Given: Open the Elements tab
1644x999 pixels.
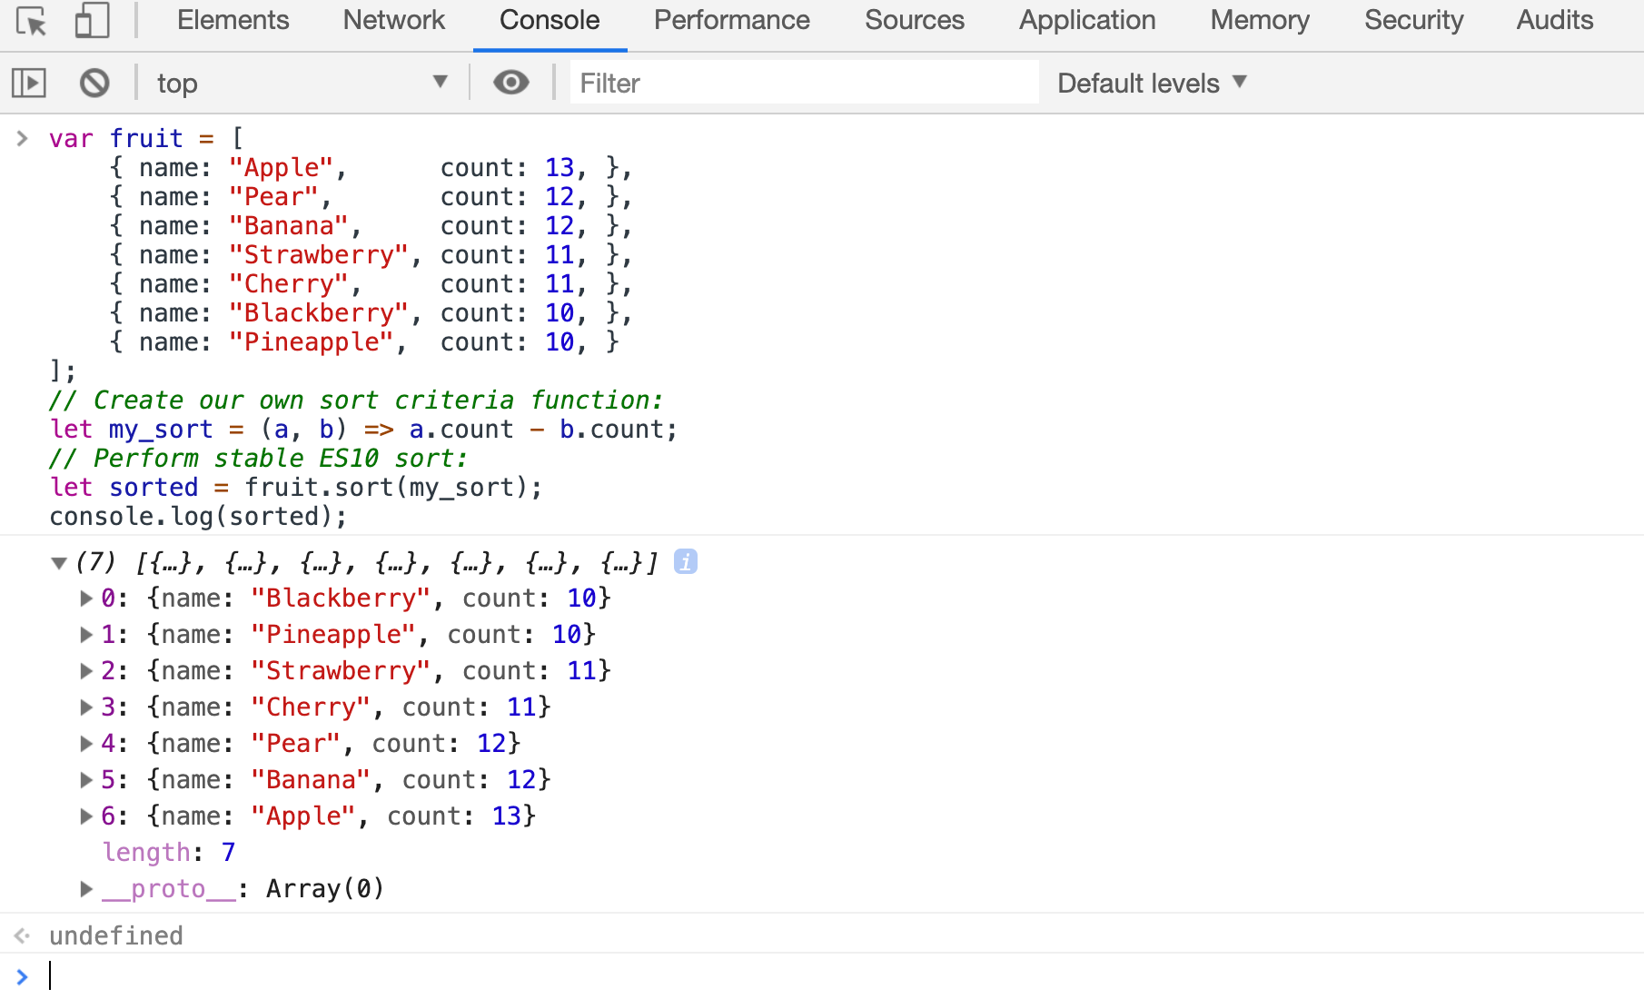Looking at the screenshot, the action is click(233, 20).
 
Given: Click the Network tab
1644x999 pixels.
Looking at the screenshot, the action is click(394, 20).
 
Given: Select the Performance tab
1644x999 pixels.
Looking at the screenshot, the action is click(731, 20).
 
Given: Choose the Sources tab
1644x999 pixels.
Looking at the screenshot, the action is click(915, 20).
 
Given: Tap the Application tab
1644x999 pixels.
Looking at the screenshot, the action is click(1087, 20).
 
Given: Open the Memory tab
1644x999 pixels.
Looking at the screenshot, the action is click(1260, 20).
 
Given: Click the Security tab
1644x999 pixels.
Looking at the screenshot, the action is click(1413, 20).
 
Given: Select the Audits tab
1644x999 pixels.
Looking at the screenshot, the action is click(1555, 20).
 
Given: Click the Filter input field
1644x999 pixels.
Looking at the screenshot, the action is click(804, 83).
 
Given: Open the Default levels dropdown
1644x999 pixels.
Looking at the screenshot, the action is click(1152, 83).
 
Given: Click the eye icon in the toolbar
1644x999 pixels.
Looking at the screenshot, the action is click(511, 83).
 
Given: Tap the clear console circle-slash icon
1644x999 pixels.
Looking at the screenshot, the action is click(94, 84).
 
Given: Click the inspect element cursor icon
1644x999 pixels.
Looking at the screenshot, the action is click(32, 21).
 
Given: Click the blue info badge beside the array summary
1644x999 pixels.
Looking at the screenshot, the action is click(686, 562).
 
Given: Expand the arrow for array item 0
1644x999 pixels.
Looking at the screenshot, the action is click(86, 598).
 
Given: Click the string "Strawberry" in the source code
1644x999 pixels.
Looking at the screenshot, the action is click(318, 255).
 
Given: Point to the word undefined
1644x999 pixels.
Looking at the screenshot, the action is click(116, 935).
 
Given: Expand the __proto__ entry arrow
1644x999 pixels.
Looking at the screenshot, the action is click(86, 888).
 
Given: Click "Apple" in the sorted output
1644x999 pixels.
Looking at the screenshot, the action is click(303, 816).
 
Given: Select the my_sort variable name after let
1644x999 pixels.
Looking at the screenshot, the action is click(161, 430).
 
